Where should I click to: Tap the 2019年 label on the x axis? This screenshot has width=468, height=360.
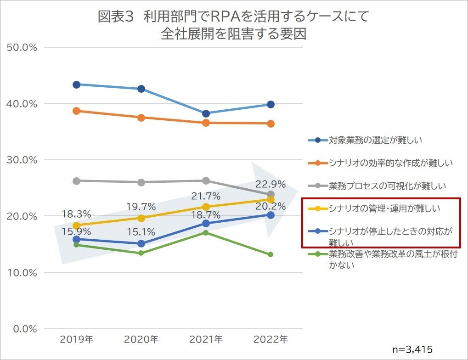[76, 340]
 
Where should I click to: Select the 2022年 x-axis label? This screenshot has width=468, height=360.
[271, 340]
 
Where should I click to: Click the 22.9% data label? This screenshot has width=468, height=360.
[271, 185]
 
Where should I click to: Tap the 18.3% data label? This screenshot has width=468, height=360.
[76, 214]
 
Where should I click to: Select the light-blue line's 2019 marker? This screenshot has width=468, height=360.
[76, 84]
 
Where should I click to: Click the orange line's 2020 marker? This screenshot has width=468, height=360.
[141, 118]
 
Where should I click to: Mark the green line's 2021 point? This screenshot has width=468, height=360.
[206, 233]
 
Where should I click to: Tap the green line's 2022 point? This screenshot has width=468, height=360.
[271, 254]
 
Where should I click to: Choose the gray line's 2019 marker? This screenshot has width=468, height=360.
[76, 181]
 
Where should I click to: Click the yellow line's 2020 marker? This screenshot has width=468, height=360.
[141, 218]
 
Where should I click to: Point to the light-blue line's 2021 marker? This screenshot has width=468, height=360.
[206, 113]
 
